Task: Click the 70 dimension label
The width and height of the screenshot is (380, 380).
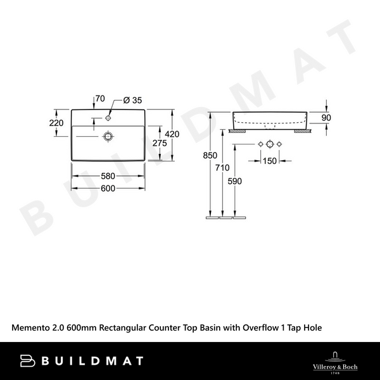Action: (x=99, y=99)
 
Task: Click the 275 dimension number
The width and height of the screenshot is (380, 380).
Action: (x=160, y=144)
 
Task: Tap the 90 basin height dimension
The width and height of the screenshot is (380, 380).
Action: (x=326, y=118)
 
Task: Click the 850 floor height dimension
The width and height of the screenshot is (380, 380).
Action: (x=210, y=156)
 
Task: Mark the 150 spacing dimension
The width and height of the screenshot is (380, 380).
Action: (x=269, y=161)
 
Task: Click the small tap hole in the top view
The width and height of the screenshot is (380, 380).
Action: (x=109, y=117)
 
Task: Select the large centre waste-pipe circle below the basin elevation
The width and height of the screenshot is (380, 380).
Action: (x=269, y=145)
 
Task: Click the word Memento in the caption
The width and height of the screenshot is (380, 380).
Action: (x=32, y=327)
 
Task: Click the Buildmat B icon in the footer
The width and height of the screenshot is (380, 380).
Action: (x=27, y=361)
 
